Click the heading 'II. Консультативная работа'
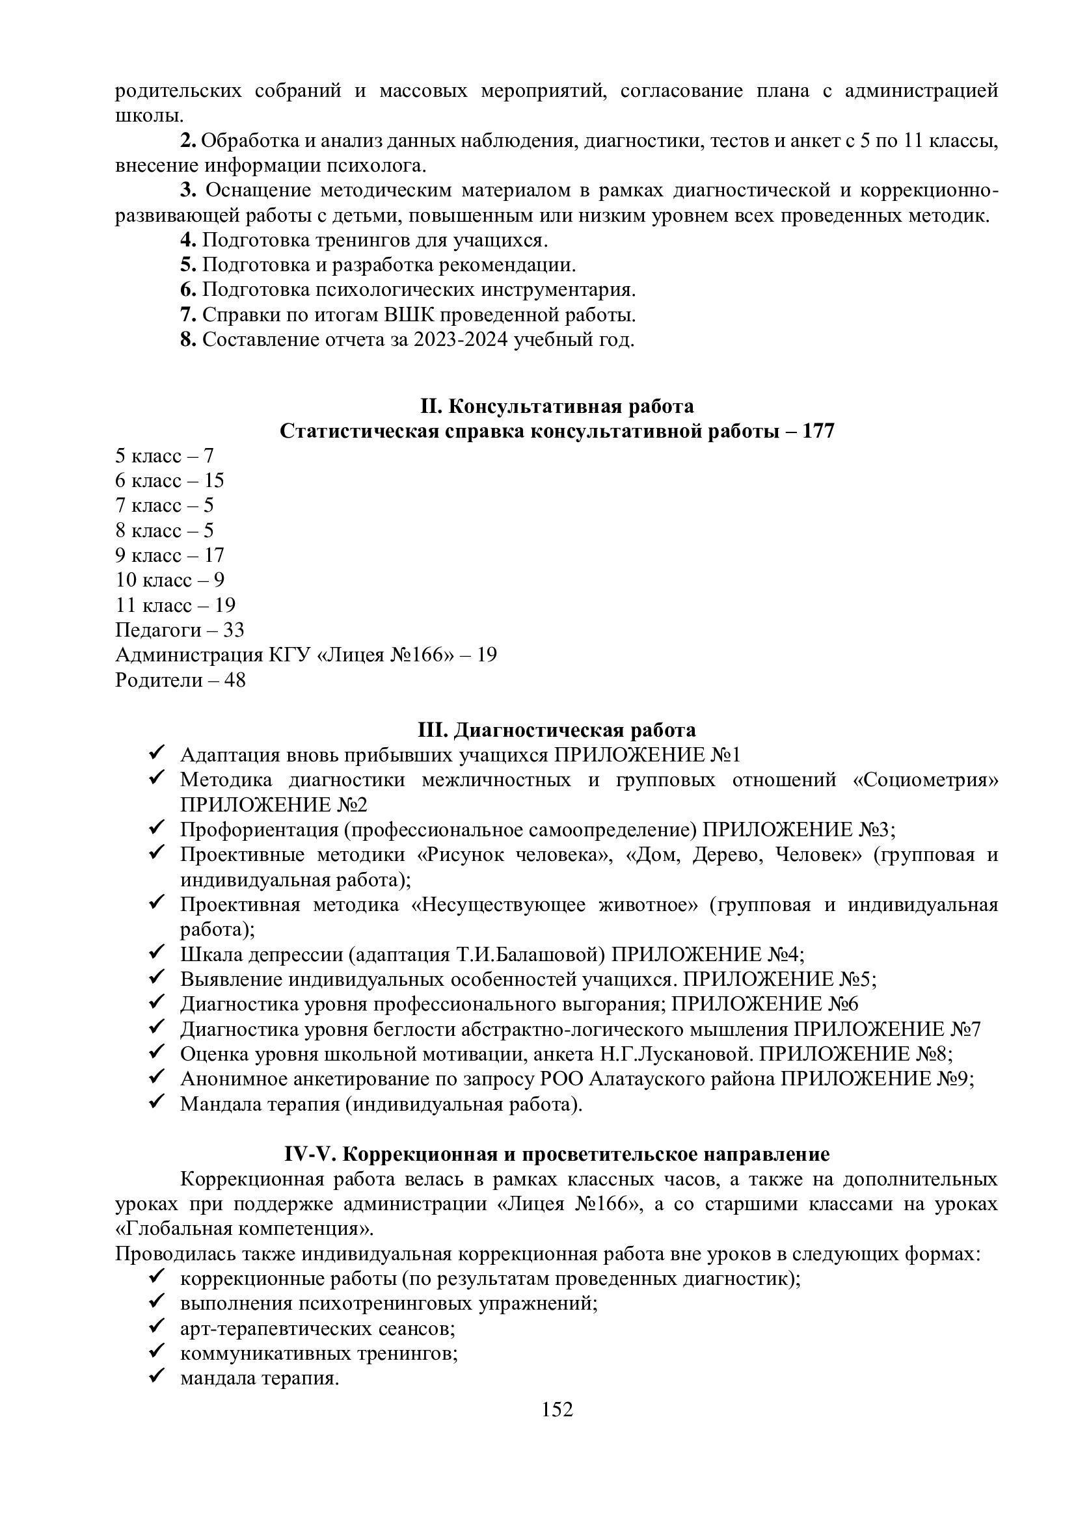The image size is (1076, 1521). [557, 405]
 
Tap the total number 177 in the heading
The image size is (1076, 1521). [818, 431]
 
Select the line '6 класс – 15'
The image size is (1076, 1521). [170, 481]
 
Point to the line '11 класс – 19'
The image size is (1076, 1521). [176, 605]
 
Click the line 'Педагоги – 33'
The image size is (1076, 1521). [180, 629]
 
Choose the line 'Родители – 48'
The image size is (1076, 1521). [180, 680]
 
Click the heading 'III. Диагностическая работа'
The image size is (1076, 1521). [557, 730]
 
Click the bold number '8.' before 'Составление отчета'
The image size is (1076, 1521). [188, 340]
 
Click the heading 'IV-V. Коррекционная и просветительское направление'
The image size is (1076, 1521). [557, 1154]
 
